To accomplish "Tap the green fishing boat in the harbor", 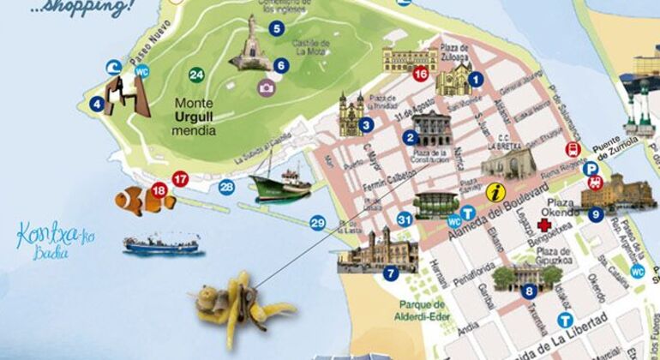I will (280, 183).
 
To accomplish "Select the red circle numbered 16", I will (420, 74).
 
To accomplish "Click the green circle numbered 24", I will (197, 75).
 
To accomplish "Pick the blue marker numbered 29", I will (318, 224).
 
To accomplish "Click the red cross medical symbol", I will (543, 226).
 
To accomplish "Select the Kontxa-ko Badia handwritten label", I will (42, 235).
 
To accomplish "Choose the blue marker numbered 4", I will (98, 105).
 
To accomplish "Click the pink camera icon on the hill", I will (267, 87).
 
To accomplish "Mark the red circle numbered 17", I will (180, 178).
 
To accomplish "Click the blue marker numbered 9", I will (596, 214).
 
